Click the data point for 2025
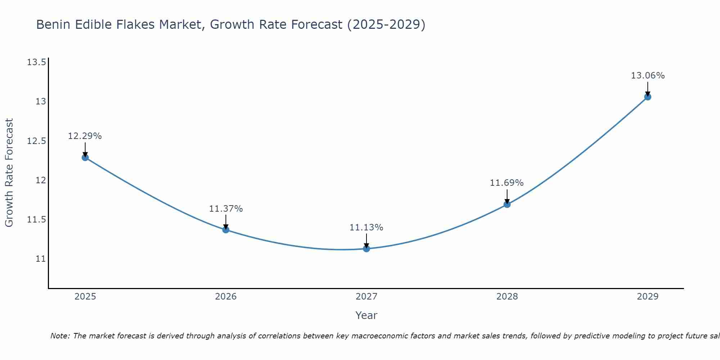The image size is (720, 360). click(x=85, y=157)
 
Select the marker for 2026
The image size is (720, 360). click(x=226, y=230)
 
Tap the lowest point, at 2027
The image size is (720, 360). click(x=366, y=248)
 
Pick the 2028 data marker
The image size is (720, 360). click(x=507, y=204)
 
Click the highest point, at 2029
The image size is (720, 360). click(x=648, y=97)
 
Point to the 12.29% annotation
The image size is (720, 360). click(x=85, y=136)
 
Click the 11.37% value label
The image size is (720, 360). click(x=226, y=209)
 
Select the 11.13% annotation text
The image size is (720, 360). click(x=366, y=228)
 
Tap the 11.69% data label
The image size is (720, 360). click(x=507, y=183)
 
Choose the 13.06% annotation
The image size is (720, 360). click(x=648, y=76)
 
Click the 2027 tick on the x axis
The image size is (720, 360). click(x=366, y=297)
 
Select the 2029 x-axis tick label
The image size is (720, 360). click(x=648, y=297)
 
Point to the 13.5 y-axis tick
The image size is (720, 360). click(x=36, y=63)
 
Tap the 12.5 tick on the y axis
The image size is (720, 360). click(x=36, y=141)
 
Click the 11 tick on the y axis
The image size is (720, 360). click(x=41, y=259)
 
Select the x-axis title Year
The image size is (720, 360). click(x=366, y=315)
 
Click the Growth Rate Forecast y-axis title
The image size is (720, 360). click(x=9, y=173)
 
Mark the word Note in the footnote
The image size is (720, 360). click(x=60, y=336)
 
